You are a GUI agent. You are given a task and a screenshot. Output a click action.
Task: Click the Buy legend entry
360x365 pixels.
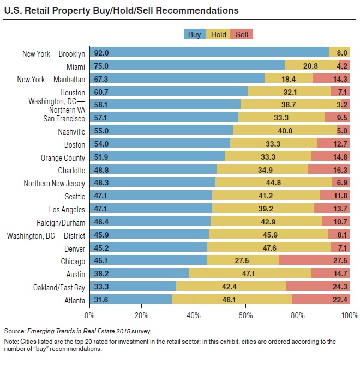tap(195, 34)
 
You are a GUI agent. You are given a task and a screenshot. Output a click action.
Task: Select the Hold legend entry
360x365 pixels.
tap(218, 34)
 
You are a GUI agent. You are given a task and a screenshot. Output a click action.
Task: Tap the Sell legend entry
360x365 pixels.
tap(241, 34)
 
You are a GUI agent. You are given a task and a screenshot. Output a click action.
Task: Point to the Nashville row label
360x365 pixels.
tap(71, 131)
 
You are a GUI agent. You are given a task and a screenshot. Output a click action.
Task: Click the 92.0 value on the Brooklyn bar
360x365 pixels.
tap(101, 53)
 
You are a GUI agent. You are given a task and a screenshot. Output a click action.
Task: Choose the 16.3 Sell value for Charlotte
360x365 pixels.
tap(340, 170)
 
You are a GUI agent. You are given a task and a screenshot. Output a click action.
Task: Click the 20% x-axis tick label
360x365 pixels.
tap(141, 315)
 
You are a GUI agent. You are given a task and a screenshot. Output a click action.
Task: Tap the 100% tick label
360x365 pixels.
tap(349, 315)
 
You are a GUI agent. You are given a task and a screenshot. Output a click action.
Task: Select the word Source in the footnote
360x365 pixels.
tap(15, 331)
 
